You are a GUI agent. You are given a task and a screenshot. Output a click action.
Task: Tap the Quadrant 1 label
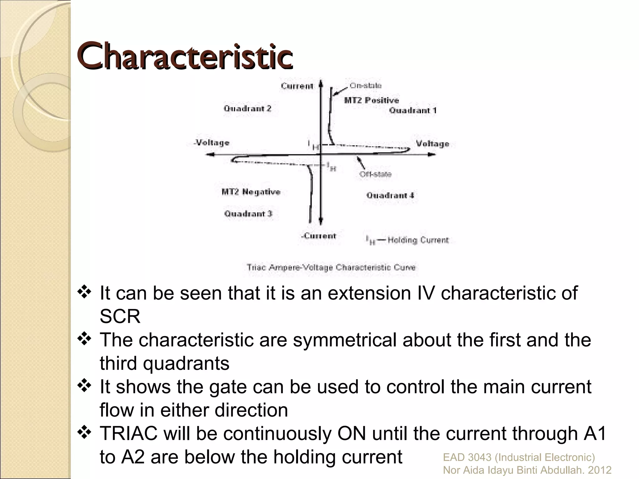coord(413,110)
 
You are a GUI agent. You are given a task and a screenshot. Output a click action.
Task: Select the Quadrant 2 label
coord(247,109)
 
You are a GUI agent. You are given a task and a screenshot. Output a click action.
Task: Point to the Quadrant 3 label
coord(248,214)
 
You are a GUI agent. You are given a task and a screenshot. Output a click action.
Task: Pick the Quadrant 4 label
coord(390,196)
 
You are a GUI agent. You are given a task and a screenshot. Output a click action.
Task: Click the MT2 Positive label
coord(371,100)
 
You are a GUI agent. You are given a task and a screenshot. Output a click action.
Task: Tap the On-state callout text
coord(365,85)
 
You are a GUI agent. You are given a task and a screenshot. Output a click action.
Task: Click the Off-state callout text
coord(375,174)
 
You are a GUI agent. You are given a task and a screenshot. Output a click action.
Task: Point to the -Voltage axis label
coord(212,143)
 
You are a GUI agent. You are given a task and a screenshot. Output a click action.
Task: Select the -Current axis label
coord(319,236)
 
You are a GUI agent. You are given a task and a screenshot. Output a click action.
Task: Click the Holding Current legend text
coord(418,240)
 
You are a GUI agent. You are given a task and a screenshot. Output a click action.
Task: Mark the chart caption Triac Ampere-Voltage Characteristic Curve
coord(331,267)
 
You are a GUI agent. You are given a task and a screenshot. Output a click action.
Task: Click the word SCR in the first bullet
coord(120,317)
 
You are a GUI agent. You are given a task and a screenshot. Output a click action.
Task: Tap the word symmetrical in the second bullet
coord(344,340)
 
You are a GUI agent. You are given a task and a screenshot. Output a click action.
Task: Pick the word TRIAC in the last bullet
coord(129,433)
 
